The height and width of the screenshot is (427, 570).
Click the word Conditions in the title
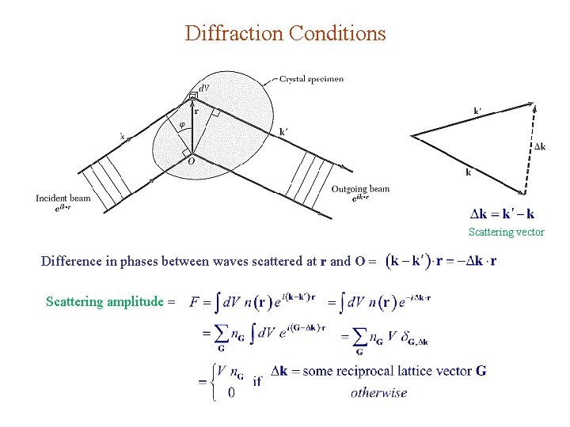point(337,33)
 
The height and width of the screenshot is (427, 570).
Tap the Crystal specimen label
point(312,79)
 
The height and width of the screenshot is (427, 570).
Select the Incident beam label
point(63,198)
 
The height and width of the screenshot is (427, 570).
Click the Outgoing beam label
point(360,189)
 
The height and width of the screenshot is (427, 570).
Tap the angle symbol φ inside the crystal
point(182,124)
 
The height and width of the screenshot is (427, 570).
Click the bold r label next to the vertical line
point(196,112)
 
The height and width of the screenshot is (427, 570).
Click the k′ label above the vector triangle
point(478,111)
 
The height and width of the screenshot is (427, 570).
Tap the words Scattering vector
point(506,232)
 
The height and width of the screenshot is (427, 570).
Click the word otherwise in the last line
point(378,392)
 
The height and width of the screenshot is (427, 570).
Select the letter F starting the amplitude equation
point(195,301)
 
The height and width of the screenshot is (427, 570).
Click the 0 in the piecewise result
point(230,392)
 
